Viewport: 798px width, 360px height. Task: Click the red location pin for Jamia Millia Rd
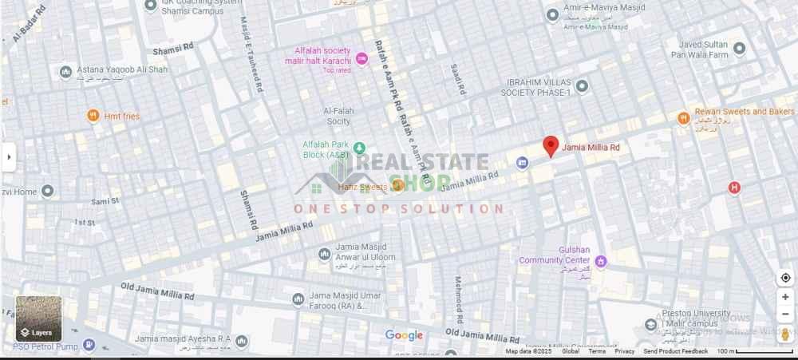click(551, 146)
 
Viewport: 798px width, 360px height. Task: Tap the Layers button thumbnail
click(38, 318)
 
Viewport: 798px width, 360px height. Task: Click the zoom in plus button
click(785, 297)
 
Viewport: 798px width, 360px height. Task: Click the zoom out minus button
click(785, 315)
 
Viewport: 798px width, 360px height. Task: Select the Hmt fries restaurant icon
click(93, 117)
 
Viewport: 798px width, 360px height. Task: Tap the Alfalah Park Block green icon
click(359, 148)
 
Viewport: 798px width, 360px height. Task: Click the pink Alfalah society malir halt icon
click(362, 58)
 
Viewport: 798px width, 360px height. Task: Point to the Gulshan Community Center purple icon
click(601, 261)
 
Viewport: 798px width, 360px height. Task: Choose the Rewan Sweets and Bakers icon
click(683, 118)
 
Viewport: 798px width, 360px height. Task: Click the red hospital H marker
click(734, 188)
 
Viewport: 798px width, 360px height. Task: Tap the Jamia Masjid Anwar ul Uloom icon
click(324, 254)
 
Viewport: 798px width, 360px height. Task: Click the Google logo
click(404, 335)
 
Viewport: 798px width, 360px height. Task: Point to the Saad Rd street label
click(456, 77)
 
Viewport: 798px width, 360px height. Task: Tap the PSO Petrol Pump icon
click(89, 346)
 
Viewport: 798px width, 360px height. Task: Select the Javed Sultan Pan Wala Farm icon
click(739, 49)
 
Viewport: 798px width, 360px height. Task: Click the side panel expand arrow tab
click(9, 156)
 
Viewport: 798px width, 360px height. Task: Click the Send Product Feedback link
click(675, 351)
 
